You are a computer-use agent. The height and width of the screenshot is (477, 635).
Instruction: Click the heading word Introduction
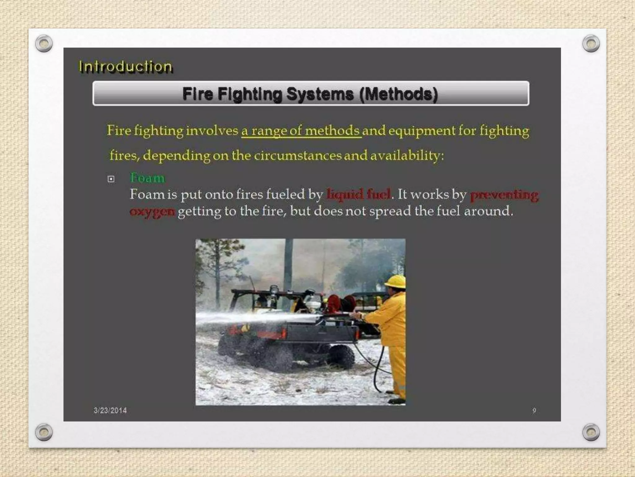click(x=125, y=67)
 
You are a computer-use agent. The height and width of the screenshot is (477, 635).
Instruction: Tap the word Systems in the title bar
click(x=320, y=94)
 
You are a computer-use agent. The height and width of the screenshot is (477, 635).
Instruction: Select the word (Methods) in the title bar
click(x=398, y=94)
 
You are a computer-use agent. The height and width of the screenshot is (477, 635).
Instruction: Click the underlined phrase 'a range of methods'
click(x=301, y=131)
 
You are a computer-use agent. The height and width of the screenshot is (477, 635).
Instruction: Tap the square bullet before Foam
click(x=111, y=179)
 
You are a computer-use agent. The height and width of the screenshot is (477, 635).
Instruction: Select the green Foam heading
click(x=147, y=178)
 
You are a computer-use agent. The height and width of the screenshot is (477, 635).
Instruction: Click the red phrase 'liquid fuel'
click(x=359, y=194)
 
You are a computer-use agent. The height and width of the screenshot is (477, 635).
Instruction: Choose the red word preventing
click(x=504, y=195)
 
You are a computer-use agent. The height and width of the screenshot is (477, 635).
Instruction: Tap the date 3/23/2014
click(x=110, y=411)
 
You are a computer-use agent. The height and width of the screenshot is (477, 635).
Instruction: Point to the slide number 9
click(x=534, y=411)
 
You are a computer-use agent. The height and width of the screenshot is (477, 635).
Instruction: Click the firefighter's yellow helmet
click(x=395, y=281)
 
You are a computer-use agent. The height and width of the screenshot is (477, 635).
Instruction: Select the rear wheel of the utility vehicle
click(x=341, y=357)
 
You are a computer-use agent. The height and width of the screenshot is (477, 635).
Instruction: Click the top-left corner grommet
click(x=44, y=43)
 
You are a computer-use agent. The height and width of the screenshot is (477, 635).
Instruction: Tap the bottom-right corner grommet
click(x=591, y=432)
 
